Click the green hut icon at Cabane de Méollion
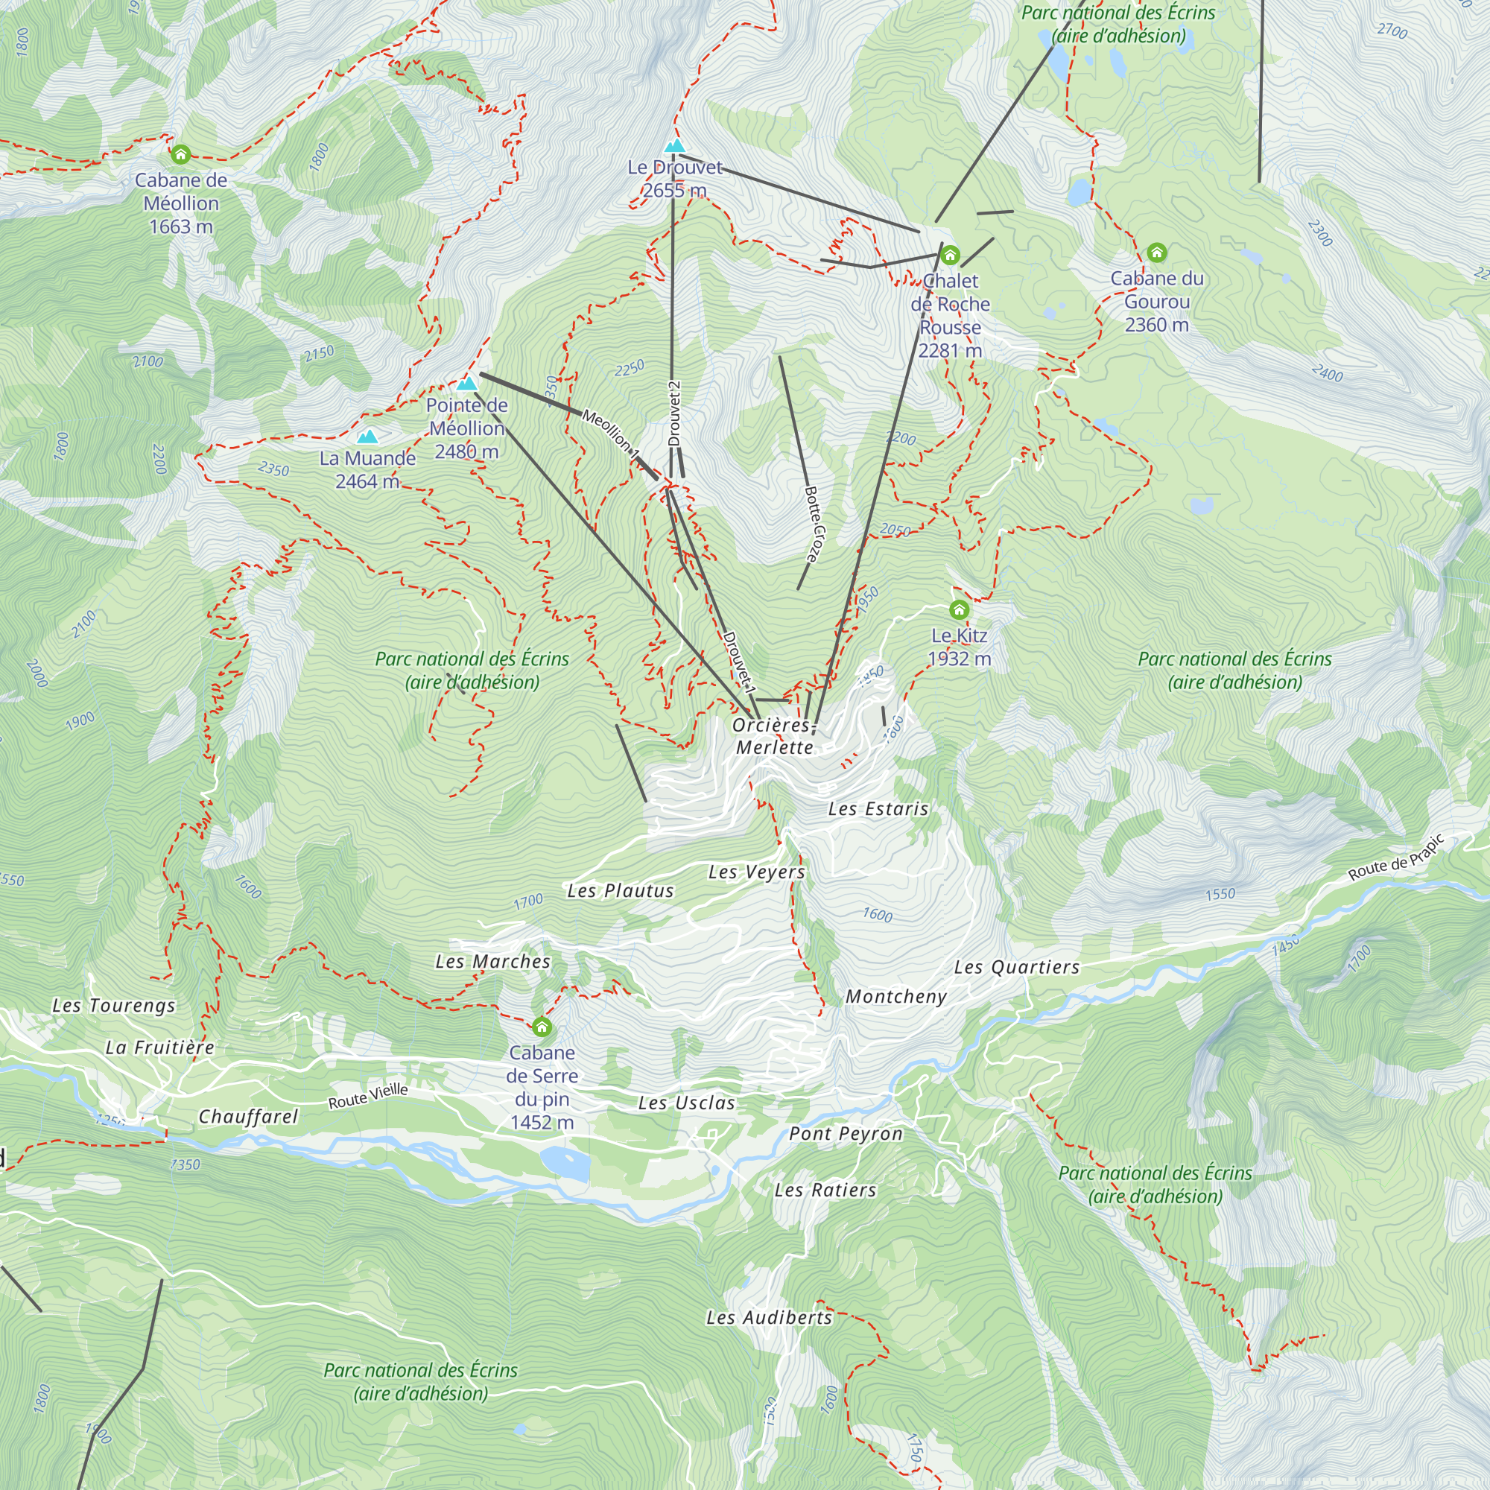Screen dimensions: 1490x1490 click(180, 154)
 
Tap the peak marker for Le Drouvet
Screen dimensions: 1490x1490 click(675, 146)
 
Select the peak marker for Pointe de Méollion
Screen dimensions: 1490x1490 click(466, 383)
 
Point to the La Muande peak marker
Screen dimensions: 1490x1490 click(368, 437)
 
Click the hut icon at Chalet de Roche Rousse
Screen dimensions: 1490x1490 click(950, 255)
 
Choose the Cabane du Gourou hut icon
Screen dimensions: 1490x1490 click(1156, 253)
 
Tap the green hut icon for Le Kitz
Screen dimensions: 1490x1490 click(959, 609)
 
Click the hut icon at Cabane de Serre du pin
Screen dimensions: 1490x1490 click(542, 1027)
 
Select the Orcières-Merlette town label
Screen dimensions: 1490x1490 click(773, 736)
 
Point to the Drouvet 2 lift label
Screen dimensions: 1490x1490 click(675, 413)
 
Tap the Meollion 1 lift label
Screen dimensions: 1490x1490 click(611, 435)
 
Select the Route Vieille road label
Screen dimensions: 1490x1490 click(368, 1096)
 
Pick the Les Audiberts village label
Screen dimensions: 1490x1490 click(769, 1317)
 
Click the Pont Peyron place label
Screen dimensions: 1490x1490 click(846, 1134)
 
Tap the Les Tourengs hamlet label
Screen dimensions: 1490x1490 click(114, 1006)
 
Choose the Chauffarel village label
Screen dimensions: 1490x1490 click(247, 1117)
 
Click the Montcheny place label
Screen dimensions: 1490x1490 click(895, 996)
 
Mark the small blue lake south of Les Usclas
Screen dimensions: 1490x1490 click(565, 1163)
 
